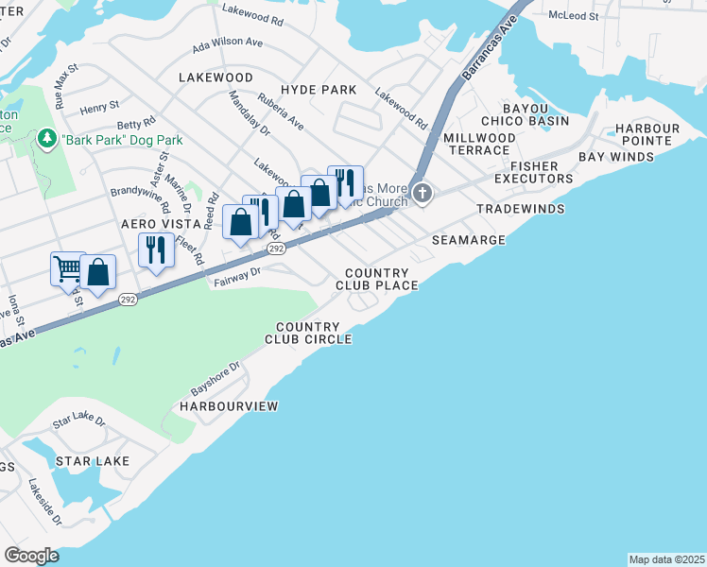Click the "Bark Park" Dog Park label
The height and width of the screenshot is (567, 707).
pyautogui.click(x=122, y=140)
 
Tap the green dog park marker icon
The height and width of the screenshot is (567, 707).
pyautogui.click(x=45, y=139)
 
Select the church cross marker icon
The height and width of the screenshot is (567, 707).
pyautogui.click(x=422, y=196)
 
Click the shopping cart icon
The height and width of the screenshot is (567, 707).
pyautogui.click(x=68, y=268)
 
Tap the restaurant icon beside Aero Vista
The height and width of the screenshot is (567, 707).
pyautogui.click(x=155, y=249)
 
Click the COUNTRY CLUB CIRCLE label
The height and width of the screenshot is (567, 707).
pyautogui.click(x=308, y=333)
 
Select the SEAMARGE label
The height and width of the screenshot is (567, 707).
pyautogui.click(x=469, y=240)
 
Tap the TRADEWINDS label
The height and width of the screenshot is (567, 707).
pyautogui.click(x=520, y=208)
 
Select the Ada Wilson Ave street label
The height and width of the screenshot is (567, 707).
pyautogui.click(x=227, y=43)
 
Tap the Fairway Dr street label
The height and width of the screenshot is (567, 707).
pyautogui.click(x=237, y=275)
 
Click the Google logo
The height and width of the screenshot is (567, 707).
pyautogui.click(x=31, y=556)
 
